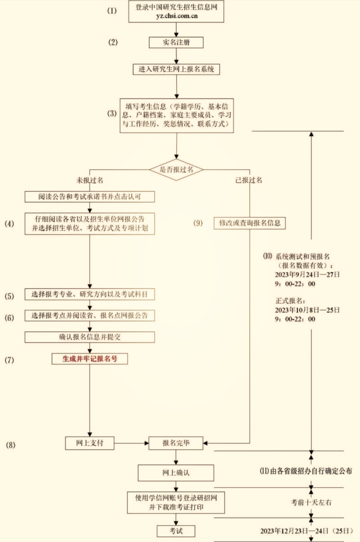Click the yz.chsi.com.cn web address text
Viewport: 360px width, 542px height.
tap(176, 16)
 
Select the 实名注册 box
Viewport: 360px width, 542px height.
tap(176, 42)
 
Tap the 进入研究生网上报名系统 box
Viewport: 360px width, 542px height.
tap(176, 69)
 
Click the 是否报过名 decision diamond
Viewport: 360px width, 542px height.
tap(176, 169)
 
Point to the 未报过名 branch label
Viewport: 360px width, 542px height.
tap(90, 180)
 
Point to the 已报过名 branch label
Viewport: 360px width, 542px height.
tap(249, 180)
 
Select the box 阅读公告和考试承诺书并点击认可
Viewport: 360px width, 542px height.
tap(90, 197)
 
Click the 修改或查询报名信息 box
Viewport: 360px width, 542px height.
tap(249, 223)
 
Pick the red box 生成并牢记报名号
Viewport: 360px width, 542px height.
tap(90, 359)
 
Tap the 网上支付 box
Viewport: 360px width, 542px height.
tap(90, 443)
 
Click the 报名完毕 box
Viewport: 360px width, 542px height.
tap(176, 443)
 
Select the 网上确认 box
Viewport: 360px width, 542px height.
tap(176, 473)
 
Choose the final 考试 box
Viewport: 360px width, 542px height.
tap(176, 531)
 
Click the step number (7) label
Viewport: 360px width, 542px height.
tap(9, 360)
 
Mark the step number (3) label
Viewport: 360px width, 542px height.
tap(112, 113)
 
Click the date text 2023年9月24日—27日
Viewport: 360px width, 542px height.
tap(307, 275)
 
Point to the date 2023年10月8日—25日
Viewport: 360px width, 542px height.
tap(307, 310)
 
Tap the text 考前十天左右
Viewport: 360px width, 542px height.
tap(311, 502)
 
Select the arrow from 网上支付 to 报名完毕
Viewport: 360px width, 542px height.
tap(131, 443)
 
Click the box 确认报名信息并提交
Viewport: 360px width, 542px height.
tap(90, 337)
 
